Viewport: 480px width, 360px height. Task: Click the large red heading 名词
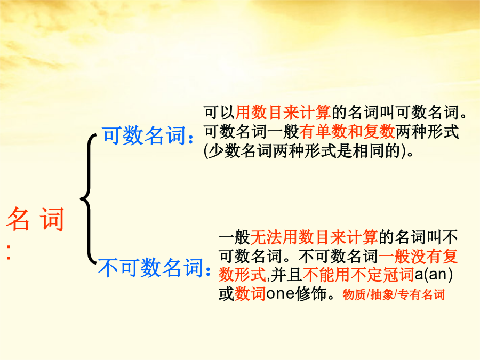[35, 219]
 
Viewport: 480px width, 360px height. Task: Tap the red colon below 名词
[9, 252]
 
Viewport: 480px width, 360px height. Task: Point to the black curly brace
[88, 199]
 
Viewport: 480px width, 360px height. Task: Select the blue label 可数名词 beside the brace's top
[144, 135]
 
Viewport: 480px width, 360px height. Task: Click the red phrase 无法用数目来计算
[314, 237]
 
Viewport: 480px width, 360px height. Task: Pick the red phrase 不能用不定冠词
[358, 275]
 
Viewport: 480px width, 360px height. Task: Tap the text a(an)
[434, 275]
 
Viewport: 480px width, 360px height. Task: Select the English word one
[280, 294]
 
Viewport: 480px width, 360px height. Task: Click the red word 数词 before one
[250, 294]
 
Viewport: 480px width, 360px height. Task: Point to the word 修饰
[310, 294]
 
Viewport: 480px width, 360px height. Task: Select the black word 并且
[286, 275]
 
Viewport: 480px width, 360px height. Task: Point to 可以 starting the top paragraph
[220, 113]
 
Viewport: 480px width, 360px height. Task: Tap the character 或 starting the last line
[226, 294]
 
